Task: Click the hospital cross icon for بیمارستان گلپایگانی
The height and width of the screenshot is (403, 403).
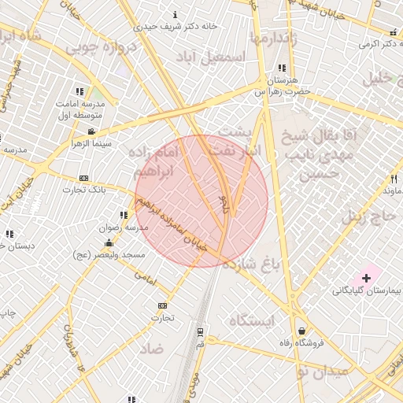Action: (x=366, y=278)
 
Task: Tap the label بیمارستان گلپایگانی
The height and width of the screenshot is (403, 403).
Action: (x=367, y=290)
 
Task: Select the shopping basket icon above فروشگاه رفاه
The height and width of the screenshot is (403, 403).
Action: (x=301, y=331)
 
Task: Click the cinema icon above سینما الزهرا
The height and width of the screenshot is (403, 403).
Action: (x=92, y=131)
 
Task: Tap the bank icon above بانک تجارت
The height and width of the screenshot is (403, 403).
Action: (x=84, y=178)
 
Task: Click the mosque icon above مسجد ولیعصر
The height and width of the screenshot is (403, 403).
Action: (x=109, y=243)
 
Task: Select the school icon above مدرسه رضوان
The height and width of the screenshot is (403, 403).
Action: (x=124, y=215)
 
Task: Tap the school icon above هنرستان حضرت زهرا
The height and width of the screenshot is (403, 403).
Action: (x=283, y=68)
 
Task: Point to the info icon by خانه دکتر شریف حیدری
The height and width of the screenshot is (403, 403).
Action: (x=175, y=14)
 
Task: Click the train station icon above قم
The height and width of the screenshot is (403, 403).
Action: (x=200, y=331)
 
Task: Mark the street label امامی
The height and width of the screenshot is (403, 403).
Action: (x=146, y=277)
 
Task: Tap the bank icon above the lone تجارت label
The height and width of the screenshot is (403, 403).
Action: (x=162, y=305)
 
